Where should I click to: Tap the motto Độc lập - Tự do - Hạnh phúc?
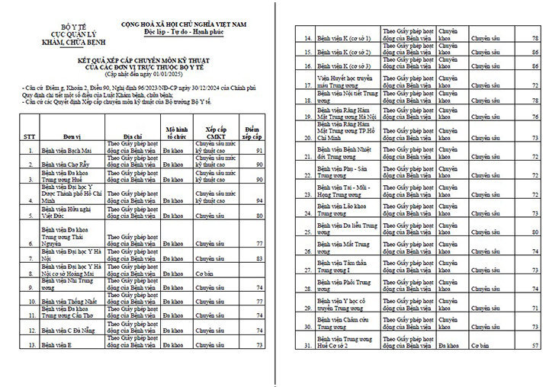pyautogui.click(x=188, y=34)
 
